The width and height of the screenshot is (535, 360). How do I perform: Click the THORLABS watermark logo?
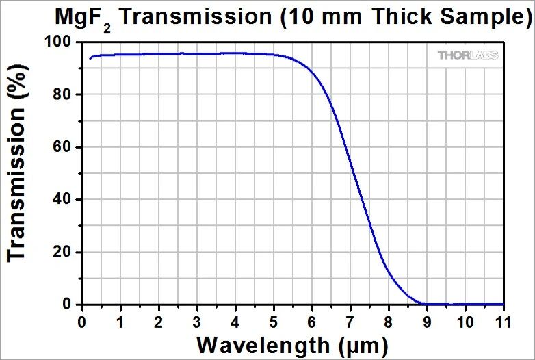pos(468,55)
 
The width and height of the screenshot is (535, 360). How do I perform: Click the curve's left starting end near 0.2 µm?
pos(90,59)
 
